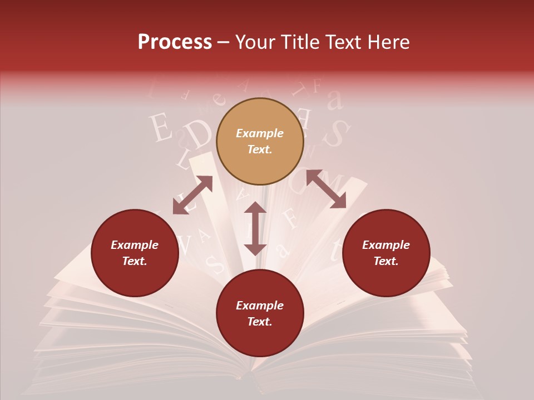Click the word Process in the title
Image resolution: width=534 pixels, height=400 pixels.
[175, 42]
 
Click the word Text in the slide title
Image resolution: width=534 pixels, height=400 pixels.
[344, 42]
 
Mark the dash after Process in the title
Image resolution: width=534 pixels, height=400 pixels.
[224, 43]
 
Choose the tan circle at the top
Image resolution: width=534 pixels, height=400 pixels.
[260, 142]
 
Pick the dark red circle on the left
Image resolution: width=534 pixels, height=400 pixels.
[135, 253]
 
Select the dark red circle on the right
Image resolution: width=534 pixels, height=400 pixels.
[385, 253]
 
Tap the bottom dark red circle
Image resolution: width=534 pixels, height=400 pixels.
[260, 313]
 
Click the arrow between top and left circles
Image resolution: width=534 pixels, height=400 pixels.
[192, 195]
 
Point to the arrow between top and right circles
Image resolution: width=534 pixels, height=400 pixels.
[326, 189]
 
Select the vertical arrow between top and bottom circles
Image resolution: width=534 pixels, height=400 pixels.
[255, 228]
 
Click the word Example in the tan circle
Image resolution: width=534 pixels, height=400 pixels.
[260, 133]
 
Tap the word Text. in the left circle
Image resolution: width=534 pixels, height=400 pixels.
[135, 261]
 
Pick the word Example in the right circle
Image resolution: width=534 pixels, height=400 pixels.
[385, 245]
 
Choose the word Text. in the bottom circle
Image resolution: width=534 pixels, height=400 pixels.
[260, 322]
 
